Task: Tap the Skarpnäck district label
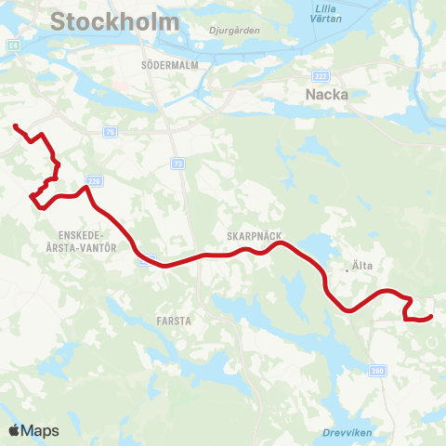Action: [254, 236]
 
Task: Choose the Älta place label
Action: [361, 267]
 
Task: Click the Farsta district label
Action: [174, 321]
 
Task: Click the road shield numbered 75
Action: [111, 132]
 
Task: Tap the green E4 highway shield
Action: [12, 44]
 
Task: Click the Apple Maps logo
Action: [33, 430]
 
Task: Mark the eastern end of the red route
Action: [430, 318]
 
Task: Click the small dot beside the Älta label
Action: [347, 269]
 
